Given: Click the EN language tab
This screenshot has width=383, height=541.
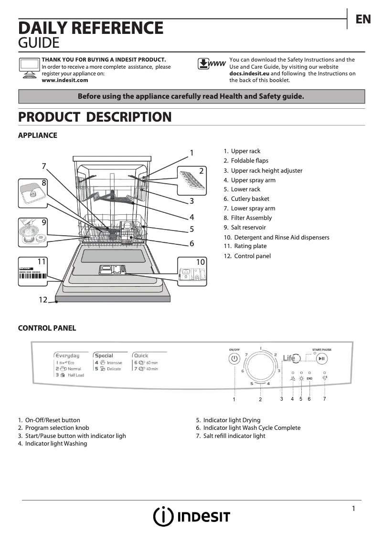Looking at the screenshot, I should (x=363, y=19).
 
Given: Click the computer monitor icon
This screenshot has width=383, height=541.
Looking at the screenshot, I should (x=29, y=67).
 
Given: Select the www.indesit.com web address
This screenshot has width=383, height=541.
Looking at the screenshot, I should (x=65, y=81).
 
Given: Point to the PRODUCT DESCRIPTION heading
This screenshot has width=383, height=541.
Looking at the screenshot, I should (x=95, y=117).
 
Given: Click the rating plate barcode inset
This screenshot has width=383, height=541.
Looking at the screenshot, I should (x=32, y=272).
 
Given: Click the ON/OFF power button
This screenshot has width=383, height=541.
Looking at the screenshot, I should (x=234, y=359).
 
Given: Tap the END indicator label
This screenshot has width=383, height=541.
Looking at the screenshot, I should (x=309, y=378).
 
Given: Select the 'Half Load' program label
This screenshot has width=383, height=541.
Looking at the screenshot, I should (x=75, y=375).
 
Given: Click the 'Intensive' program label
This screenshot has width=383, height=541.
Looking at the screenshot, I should (x=114, y=363).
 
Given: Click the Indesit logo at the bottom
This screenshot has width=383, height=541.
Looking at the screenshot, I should (x=191, y=517).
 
